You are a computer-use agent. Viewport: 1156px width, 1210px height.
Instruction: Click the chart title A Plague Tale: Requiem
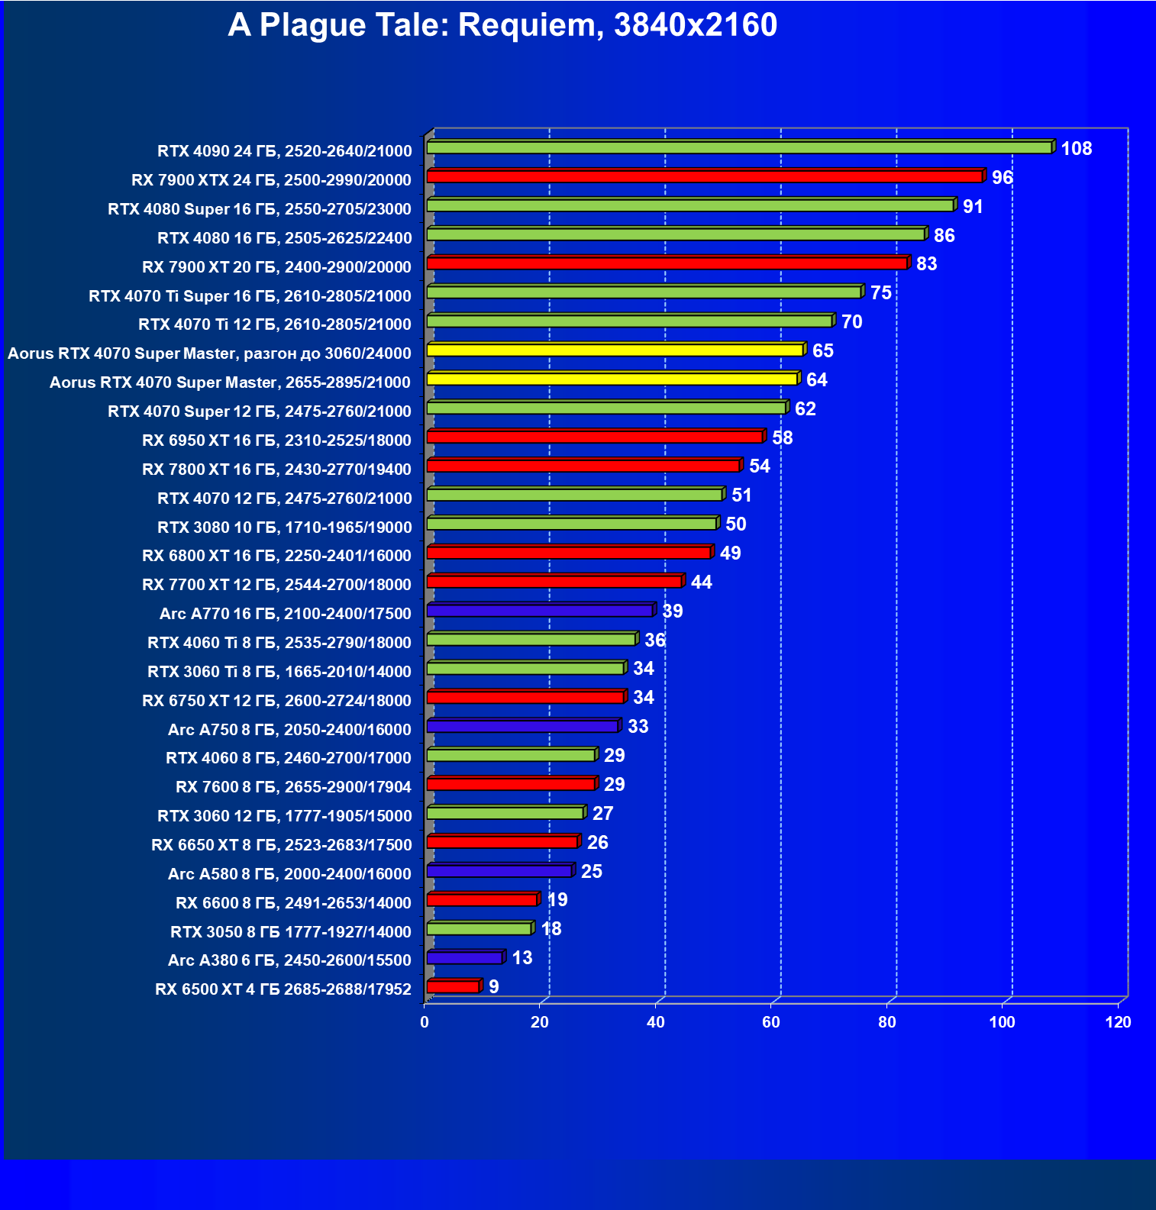[502, 25]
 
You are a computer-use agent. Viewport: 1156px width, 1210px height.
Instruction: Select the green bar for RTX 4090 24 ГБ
[738, 147]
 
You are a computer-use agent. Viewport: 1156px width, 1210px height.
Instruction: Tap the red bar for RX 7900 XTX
[704, 176]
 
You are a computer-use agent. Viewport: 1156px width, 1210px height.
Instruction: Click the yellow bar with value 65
[615, 350]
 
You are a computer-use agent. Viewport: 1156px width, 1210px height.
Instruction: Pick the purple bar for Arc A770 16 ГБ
[539, 610]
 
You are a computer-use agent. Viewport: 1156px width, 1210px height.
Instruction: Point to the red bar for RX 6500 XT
[453, 986]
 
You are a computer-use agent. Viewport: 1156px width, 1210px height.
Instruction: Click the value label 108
[1076, 149]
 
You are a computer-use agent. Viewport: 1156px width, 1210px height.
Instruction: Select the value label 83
[926, 264]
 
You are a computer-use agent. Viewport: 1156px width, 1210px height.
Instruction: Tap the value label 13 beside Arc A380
[522, 958]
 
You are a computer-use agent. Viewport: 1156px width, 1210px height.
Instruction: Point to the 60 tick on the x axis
[771, 1022]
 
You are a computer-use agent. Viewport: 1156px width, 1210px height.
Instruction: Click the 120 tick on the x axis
[1118, 1022]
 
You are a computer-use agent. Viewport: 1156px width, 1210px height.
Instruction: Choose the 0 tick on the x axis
[425, 1022]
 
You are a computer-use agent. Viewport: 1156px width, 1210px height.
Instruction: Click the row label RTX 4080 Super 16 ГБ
[260, 209]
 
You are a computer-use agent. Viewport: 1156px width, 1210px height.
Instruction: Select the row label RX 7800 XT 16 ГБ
[276, 469]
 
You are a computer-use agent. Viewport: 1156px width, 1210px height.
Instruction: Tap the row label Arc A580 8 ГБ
[289, 874]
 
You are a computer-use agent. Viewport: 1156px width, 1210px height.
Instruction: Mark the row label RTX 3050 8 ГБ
[290, 932]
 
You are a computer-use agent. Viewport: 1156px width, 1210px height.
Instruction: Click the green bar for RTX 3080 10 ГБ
[571, 524]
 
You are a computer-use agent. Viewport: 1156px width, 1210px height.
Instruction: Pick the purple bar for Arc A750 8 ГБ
[522, 726]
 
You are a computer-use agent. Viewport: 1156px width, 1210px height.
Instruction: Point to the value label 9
[494, 987]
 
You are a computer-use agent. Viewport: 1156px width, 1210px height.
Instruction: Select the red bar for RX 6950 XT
[594, 437]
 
